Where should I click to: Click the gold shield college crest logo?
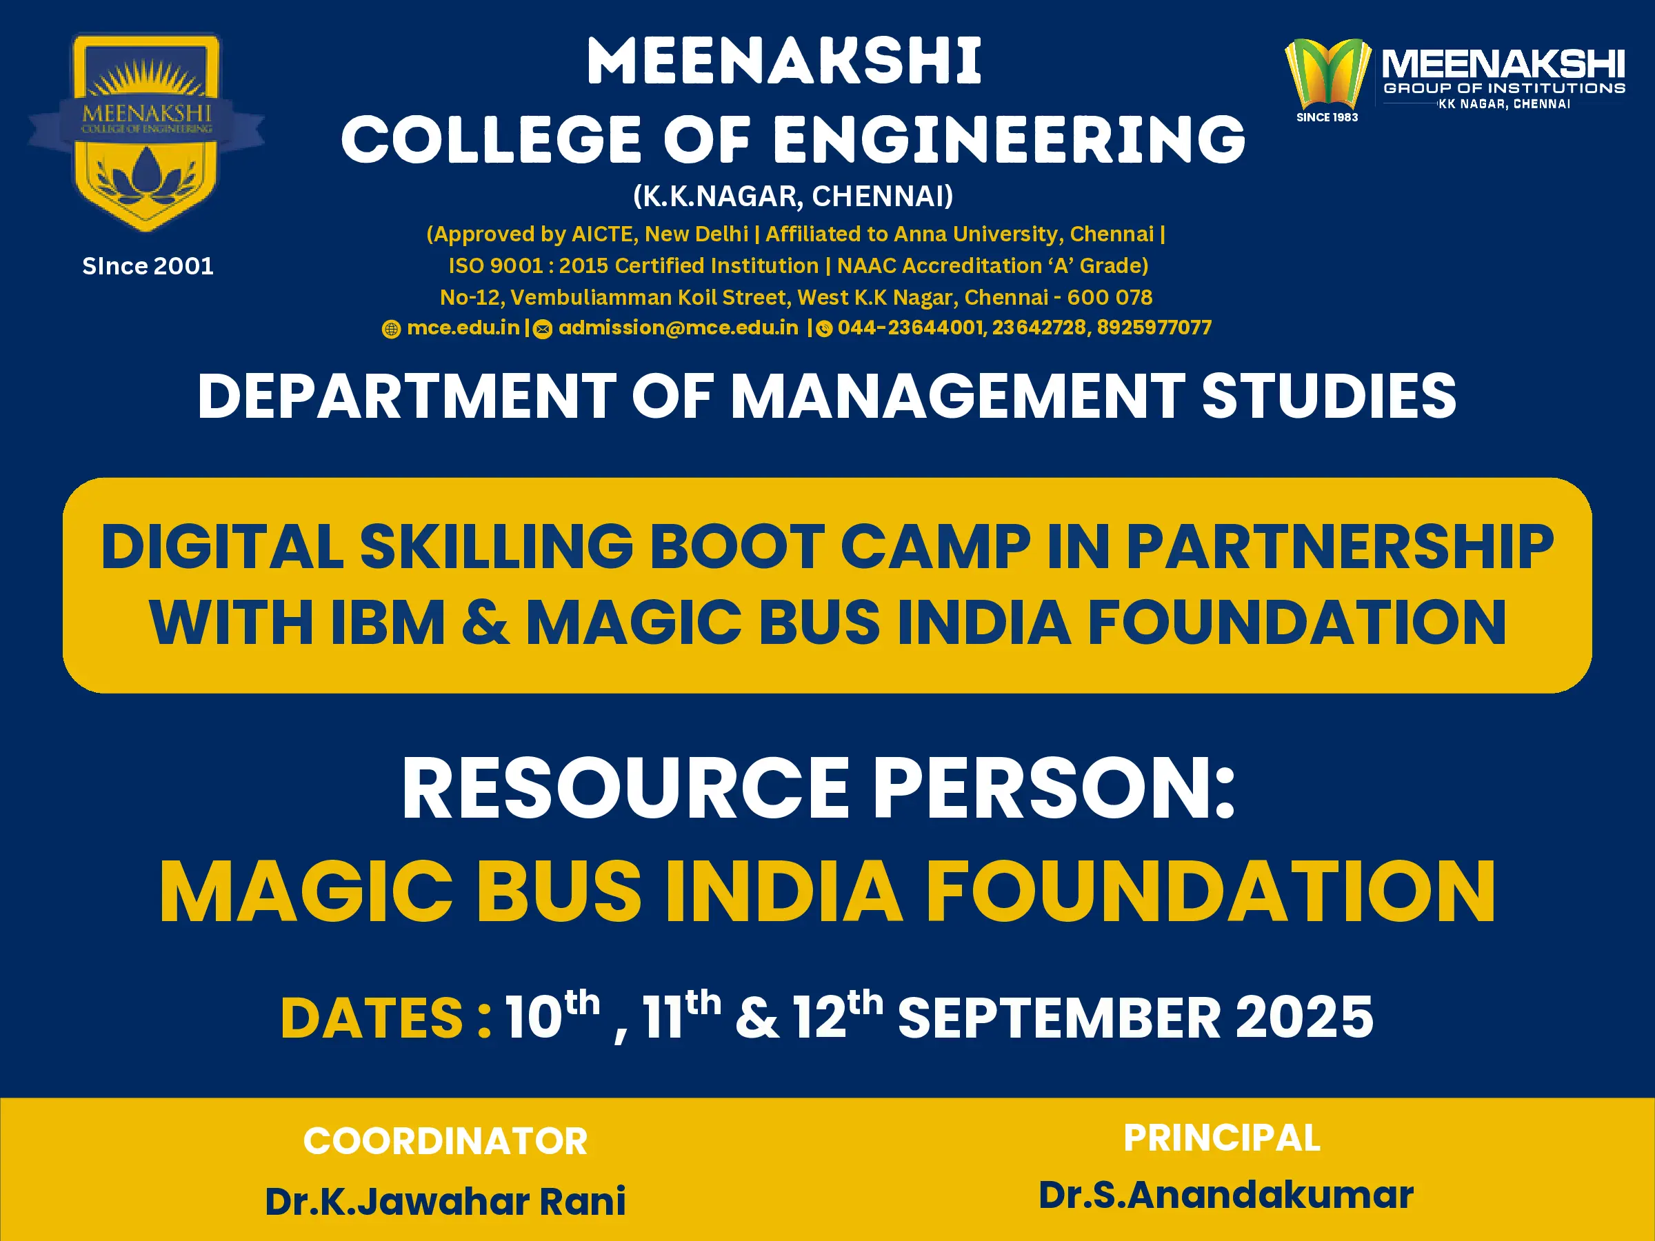point(147,132)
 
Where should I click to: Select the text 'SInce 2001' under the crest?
point(148,266)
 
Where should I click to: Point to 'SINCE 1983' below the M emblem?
point(1327,117)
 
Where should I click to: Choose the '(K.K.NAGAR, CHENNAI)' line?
point(793,196)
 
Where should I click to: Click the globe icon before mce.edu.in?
point(391,329)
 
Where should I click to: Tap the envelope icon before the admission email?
point(543,329)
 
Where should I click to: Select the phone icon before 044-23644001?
point(824,329)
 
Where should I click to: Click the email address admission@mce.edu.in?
point(679,327)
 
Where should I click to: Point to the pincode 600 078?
point(1110,298)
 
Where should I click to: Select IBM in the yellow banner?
point(388,623)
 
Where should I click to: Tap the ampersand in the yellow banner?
point(485,623)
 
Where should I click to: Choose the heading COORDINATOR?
point(445,1142)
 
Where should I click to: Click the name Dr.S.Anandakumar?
point(1225,1195)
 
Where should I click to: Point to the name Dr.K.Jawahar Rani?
point(445,1201)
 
